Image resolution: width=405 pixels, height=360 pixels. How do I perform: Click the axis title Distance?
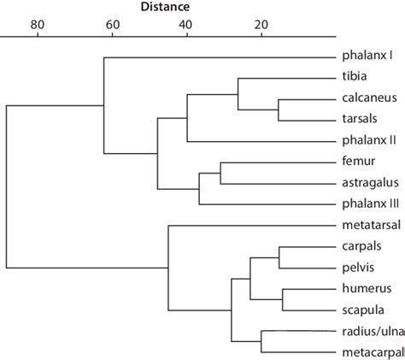165,7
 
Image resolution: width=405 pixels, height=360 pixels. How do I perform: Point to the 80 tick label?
37,25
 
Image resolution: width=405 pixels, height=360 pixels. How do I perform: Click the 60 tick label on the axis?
112,25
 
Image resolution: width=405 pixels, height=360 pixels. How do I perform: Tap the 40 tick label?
186,25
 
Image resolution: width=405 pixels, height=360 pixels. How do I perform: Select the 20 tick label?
261,25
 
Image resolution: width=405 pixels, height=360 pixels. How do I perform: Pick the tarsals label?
361,119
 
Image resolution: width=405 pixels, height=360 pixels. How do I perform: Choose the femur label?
357,162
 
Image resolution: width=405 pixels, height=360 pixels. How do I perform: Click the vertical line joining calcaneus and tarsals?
279,109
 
